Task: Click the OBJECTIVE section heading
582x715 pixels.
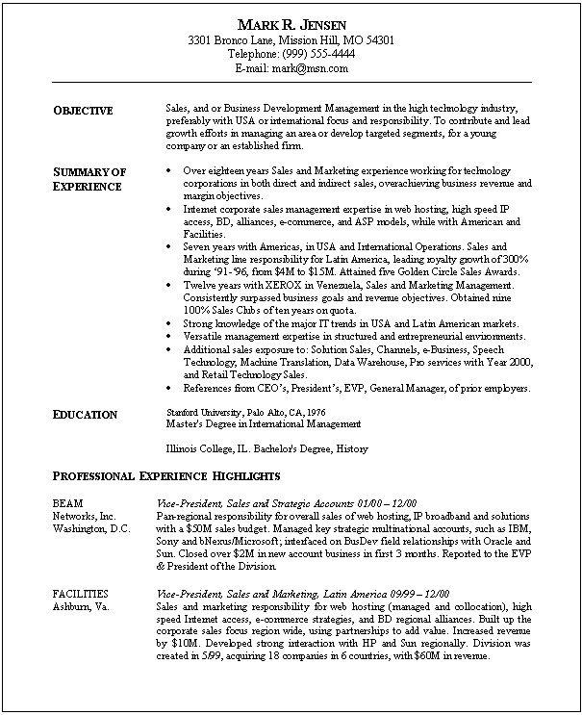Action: click(83, 111)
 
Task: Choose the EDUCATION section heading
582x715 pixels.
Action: click(85, 415)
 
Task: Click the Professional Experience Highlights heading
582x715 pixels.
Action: click(166, 475)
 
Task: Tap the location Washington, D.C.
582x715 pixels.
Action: click(87, 528)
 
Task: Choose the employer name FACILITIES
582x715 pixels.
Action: click(81, 594)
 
